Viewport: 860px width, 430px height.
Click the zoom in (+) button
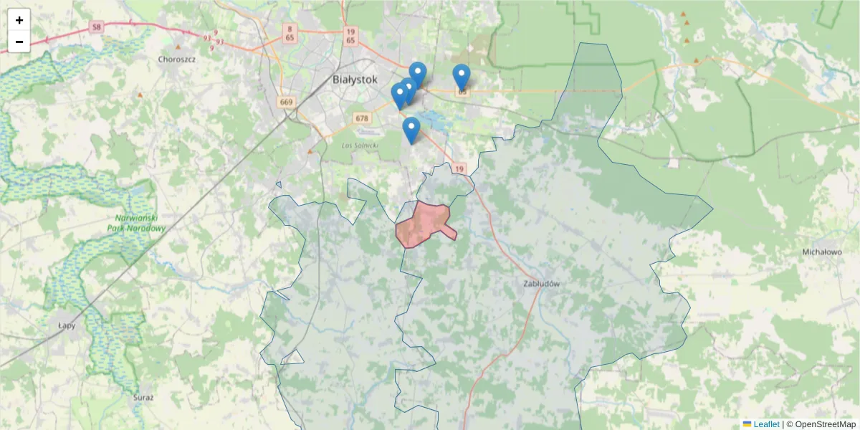[19, 20]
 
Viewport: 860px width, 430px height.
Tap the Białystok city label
[355, 80]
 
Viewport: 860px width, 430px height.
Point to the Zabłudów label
[541, 284]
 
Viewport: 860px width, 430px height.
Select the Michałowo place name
[821, 252]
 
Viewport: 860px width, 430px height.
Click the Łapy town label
[67, 324]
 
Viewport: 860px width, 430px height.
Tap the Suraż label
[143, 396]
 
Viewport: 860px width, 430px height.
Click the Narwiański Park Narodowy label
[140, 223]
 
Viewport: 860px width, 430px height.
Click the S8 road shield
[97, 27]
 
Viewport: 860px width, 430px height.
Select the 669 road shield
[287, 102]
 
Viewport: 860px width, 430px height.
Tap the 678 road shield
[361, 118]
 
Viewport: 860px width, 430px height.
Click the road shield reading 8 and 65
[290, 33]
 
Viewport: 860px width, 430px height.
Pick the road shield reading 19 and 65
[350, 36]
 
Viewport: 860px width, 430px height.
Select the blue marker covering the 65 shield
[462, 77]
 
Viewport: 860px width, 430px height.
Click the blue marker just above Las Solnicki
[411, 130]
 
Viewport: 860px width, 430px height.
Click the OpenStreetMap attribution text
[821, 424]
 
